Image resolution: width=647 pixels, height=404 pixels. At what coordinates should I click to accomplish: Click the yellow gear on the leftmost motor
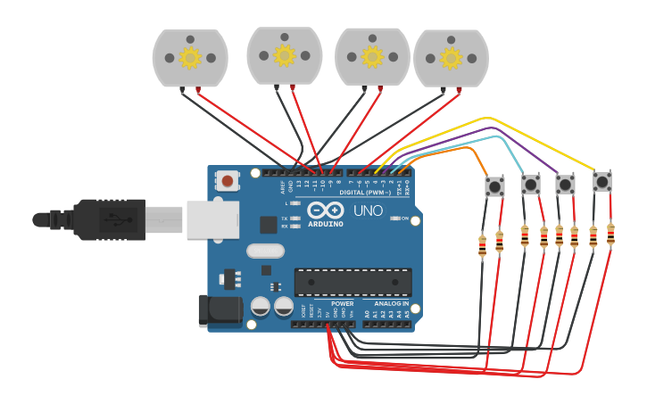[190, 58]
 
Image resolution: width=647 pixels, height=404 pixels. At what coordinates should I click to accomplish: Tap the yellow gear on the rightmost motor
[452, 59]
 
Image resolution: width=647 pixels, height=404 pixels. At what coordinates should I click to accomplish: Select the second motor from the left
[285, 56]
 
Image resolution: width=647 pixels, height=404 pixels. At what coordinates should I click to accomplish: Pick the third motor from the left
[372, 57]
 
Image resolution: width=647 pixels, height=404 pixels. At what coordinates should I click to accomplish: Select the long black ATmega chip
[353, 282]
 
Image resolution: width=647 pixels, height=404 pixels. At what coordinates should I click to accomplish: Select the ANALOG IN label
[391, 303]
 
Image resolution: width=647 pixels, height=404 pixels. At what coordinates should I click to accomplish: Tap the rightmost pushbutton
[602, 182]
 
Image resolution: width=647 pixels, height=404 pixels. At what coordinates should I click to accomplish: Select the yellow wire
[486, 118]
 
